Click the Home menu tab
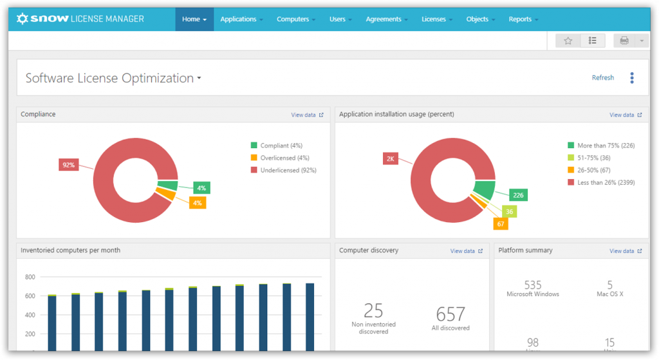pos(194,19)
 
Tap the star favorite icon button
pos(568,41)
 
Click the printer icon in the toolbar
pos(624,41)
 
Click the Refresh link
pos(602,78)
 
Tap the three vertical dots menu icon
pos(632,78)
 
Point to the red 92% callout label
pos(68,165)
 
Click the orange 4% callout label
pos(198,203)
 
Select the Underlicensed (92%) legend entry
pos(288,170)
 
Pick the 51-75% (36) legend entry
pos(593,158)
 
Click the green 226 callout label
pos(518,195)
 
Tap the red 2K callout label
pos(391,158)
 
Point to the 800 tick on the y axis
pos(30,278)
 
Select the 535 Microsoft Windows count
pos(533,285)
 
